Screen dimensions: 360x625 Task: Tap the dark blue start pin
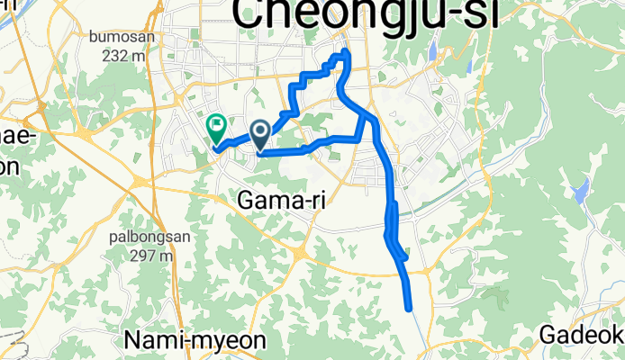[260, 136]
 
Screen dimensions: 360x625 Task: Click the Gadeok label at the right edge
[582, 336]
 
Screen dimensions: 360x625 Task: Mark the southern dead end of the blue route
[410, 309]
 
